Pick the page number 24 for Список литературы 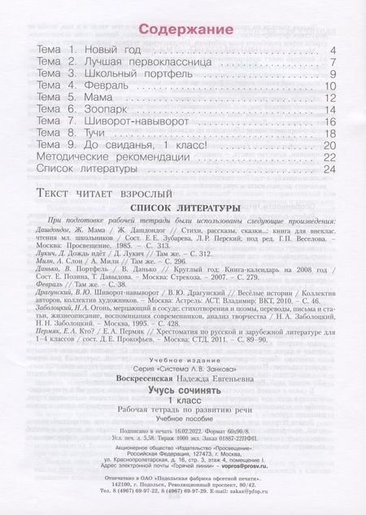point(329,169)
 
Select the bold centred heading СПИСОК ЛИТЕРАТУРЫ point(186,207)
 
